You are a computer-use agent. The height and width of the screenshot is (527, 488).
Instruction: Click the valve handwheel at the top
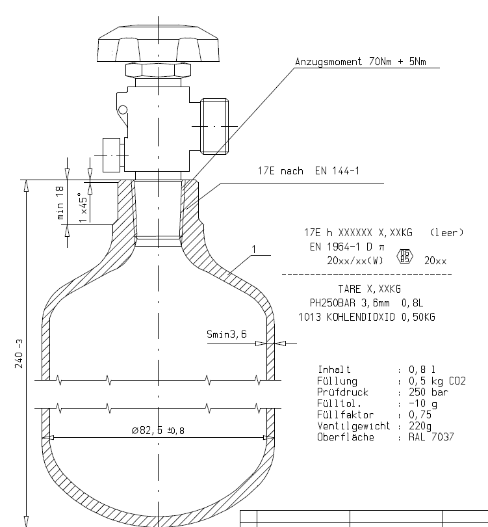(x=158, y=44)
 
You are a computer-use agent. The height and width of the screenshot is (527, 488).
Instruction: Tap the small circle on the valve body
(x=123, y=110)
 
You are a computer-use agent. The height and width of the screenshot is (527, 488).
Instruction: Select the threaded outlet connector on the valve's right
(x=214, y=126)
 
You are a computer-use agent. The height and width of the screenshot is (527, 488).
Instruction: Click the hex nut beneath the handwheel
(x=158, y=70)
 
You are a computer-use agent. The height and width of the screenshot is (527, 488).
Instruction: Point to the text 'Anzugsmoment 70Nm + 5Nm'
(x=361, y=62)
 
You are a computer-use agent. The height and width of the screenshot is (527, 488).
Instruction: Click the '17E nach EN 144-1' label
(x=309, y=170)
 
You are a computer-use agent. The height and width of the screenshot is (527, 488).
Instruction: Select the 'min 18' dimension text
(x=60, y=202)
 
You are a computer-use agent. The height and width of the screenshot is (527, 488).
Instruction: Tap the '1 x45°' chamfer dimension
(x=83, y=208)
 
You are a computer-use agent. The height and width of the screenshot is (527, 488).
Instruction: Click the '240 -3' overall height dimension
(x=19, y=353)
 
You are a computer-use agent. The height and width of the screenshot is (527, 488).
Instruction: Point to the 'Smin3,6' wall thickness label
(x=227, y=334)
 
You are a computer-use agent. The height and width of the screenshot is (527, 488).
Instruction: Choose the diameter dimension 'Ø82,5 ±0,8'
(x=158, y=431)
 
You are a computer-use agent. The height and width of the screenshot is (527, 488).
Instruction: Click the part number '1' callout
(x=253, y=249)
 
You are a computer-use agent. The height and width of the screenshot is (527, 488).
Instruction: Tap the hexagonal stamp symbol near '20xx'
(x=405, y=256)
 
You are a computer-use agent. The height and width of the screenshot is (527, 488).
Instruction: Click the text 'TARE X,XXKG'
(x=369, y=289)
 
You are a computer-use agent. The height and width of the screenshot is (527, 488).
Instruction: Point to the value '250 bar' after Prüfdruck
(x=428, y=392)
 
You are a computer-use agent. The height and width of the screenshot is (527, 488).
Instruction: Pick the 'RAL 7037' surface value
(x=431, y=437)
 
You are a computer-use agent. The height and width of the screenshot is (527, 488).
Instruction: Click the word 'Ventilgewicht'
(x=353, y=426)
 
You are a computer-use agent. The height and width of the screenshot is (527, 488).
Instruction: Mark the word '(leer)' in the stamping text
(x=446, y=232)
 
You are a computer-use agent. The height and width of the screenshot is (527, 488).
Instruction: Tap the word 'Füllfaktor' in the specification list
(x=345, y=414)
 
